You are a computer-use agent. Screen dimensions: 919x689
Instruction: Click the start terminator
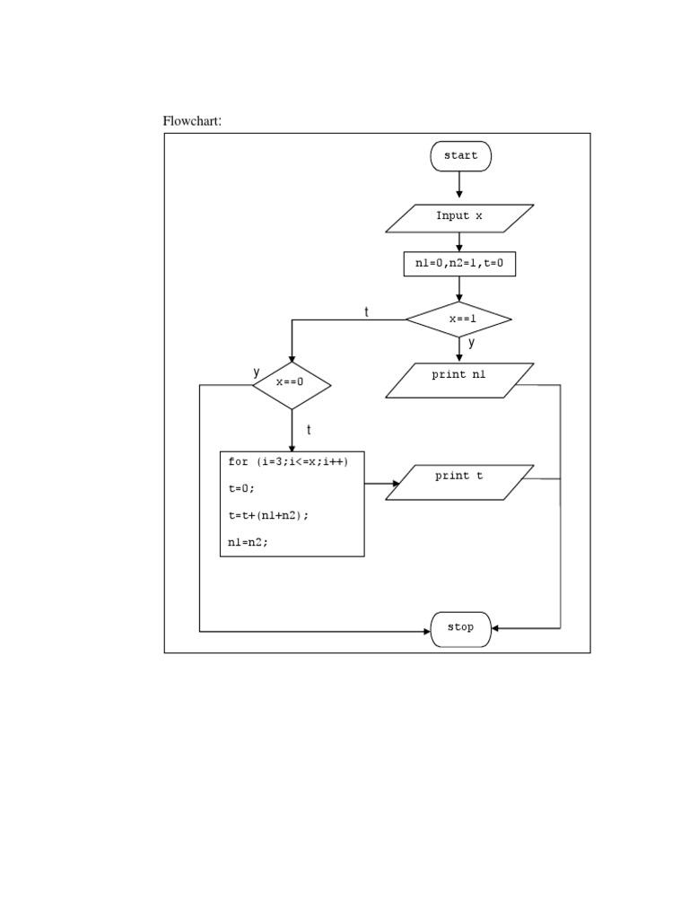pos(460,156)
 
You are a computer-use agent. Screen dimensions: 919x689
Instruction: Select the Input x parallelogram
pos(459,216)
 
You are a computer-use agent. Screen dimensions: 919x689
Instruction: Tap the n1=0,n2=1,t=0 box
pos(459,264)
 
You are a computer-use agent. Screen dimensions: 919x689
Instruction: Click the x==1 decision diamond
pos(459,319)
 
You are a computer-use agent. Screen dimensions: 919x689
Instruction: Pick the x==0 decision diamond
pos(292,385)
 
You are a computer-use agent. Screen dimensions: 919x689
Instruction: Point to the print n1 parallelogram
pos(459,380)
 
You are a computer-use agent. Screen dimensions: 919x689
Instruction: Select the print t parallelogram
pos(459,482)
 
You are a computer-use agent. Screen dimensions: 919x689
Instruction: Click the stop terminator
pos(460,628)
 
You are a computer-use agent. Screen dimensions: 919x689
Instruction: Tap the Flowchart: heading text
pos(191,121)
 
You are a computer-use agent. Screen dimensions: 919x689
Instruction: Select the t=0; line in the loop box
pos(241,488)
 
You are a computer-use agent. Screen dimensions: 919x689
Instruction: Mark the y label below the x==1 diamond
pos(471,343)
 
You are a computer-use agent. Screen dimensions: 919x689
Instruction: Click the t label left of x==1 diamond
pos(366,311)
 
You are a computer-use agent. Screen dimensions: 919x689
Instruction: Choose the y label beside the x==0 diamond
pos(257,372)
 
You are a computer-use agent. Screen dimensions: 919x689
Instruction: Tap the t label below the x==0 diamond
pos(309,430)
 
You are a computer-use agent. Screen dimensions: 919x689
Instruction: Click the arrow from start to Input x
pos(460,185)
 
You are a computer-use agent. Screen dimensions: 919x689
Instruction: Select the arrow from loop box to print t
pos(381,484)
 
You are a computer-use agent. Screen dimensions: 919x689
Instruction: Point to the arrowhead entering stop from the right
pos(497,628)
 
